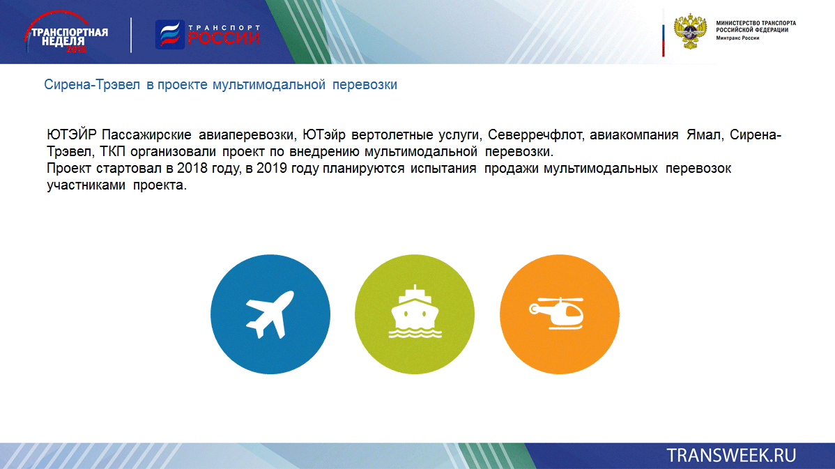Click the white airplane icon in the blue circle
click(x=270, y=314)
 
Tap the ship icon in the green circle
click(x=415, y=312)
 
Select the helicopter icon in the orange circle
click(x=557, y=312)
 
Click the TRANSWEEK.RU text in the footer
click(x=731, y=456)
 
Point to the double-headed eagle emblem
click(x=690, y=31)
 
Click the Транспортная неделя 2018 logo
click(x=66, y=33)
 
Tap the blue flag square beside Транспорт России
click(x=170, y=35)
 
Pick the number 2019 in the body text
click(x=272, y=168)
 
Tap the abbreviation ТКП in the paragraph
click(x=113, y=152)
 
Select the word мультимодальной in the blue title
click(x=269, y=85)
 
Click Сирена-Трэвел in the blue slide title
click(x=91, y=84)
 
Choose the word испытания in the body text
click(x=443, y=169)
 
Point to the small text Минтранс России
click(x=737, y=38)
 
